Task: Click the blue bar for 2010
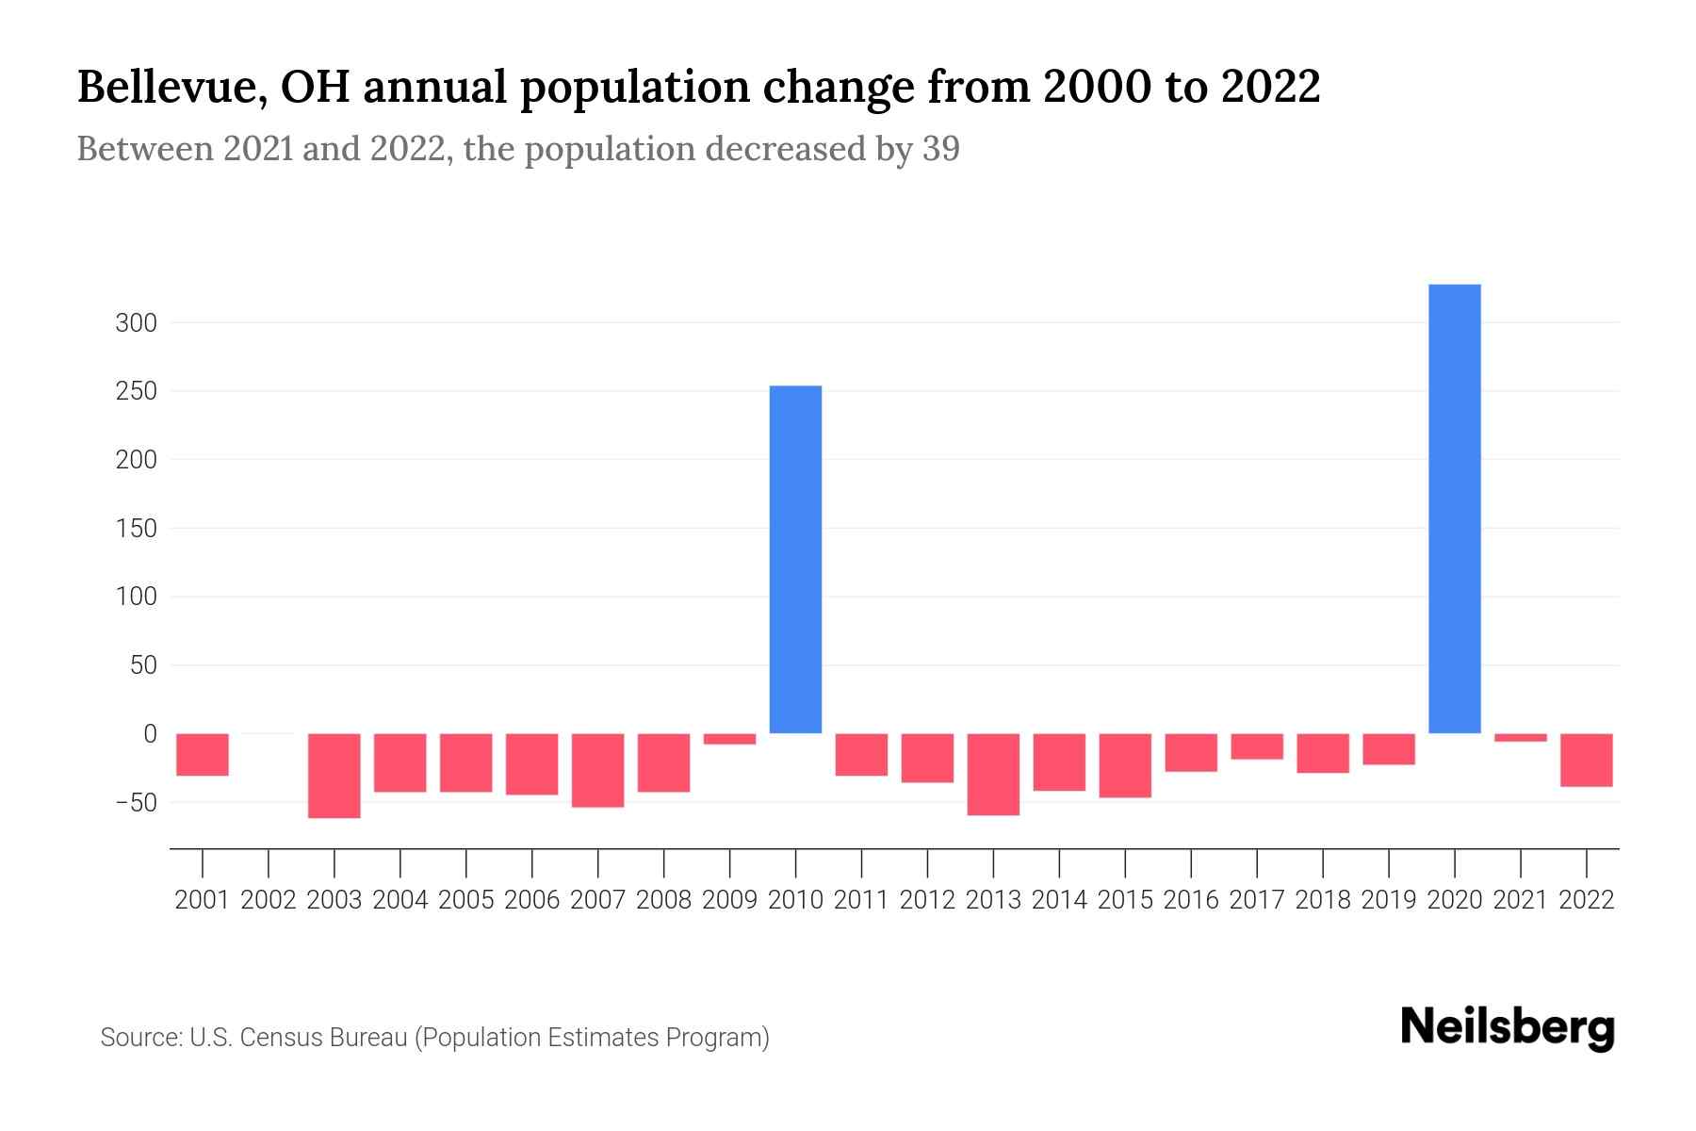coord(795,559)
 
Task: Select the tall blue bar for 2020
coord(1454,509)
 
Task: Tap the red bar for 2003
coord(334,776)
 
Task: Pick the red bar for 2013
coord(993,774)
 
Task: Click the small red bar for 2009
coord(729,739)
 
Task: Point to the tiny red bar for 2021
coord(1520,738)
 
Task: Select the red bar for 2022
coord(1586,760)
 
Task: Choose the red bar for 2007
coord(597,770)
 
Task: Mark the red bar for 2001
coord(203,755)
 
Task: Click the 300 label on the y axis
coord(136,323)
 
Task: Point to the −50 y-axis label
coord(136,802)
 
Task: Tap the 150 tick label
coord(136,529)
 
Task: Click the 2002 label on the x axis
coord(269,900)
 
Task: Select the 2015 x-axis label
coord(1125,900)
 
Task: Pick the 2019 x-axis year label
coord(1388,900)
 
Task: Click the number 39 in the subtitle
coord(940,149)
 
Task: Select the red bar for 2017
coord(1256,746)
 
